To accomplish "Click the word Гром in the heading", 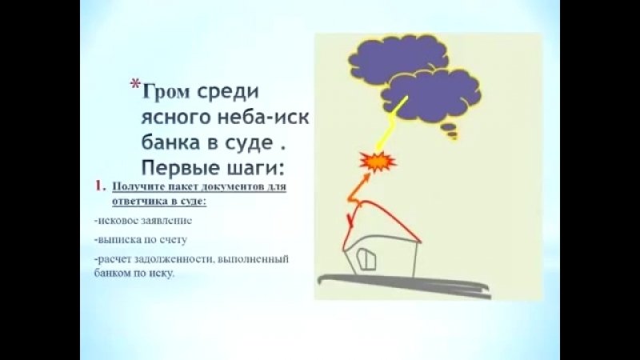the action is pyautogui.click(x=166, y=91).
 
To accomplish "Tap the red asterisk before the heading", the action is pyautogui.click(x=135, y=85).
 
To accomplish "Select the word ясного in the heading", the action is pyautogui.click(x=176, y=118).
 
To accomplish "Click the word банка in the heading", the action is pyautogui.click(x=172, y=142).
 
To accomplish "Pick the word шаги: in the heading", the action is pyautogui.click(x=255, y=167).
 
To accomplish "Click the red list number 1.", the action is pyautogui.click(x=99, y=186).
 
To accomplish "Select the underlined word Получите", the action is pyautogui.click(x=133, y=187).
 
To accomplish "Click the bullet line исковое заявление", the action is pyautogui.click(x=143, y=221).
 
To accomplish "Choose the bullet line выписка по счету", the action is pyautogui.click(x=141, y=239).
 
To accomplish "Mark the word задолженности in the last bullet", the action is pyautogui.click(x=174, y=259).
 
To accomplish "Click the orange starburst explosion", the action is pyautogui.click(x=378, y=162).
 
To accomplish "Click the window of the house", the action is pyautogui.click(x=366, y=259).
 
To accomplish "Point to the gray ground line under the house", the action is pyautogui.click(x=404, y=285).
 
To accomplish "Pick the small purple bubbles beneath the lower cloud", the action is pyautogui.click(x=450, y=130).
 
